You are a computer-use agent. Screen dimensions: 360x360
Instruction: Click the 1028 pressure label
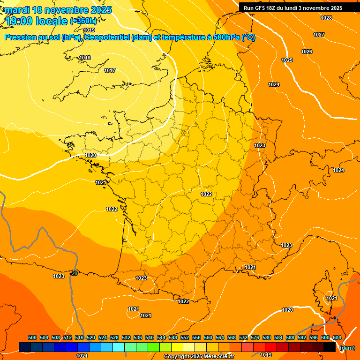[326, 18]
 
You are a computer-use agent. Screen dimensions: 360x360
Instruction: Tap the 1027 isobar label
[319, 35]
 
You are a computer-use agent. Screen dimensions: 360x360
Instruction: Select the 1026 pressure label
[307, 52]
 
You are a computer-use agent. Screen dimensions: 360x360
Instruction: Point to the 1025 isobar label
[287, 60]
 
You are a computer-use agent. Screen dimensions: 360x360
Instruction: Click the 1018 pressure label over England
[85, 58]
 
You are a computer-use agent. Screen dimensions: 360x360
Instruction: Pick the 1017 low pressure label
[110, 70]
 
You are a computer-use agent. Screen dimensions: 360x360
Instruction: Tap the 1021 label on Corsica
[332, 298]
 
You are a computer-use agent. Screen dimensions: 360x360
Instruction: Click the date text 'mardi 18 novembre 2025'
[59, 10]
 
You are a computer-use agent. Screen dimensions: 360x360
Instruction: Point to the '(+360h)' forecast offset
[83, 21]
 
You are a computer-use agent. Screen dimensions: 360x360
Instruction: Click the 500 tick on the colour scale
[32, 337]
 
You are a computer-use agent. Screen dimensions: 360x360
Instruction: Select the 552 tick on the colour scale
[185, 337]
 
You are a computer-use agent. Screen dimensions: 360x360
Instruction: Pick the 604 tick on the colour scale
[337, 337]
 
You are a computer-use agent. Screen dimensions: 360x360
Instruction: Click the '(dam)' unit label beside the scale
[347, 348]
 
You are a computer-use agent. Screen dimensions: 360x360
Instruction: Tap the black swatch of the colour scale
[329, 347]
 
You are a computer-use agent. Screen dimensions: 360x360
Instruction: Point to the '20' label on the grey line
[74, 273]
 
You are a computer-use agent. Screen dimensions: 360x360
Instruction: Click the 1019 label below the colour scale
[266, 355]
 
